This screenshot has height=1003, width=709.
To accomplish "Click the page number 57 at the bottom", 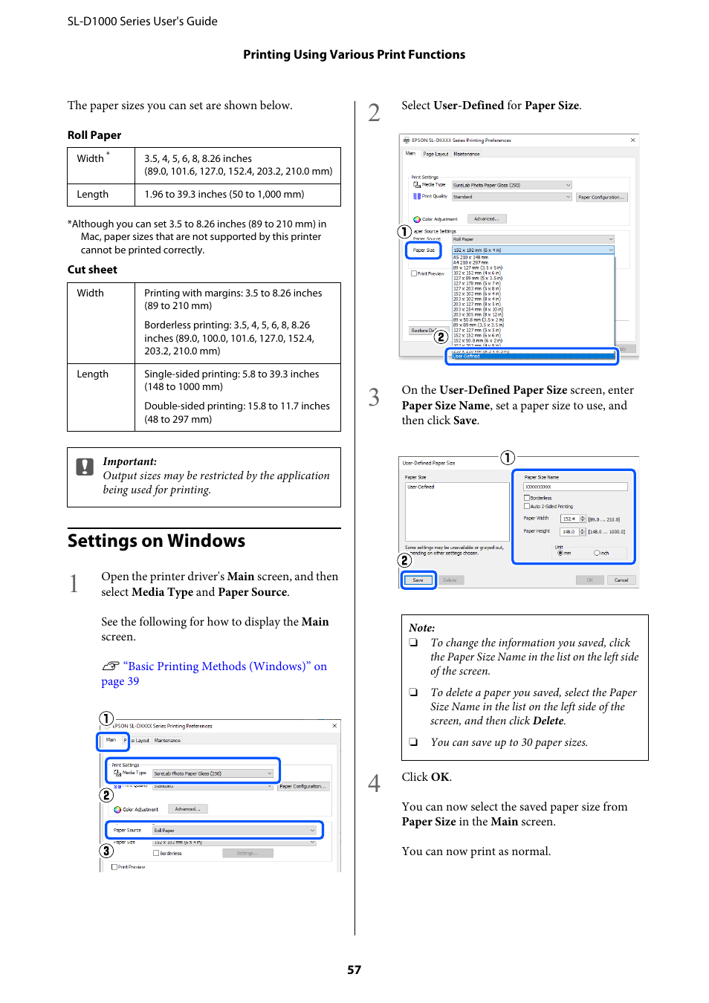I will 354,970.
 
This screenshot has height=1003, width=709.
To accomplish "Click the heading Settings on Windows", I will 156,541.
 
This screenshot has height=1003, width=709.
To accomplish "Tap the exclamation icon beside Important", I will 85,467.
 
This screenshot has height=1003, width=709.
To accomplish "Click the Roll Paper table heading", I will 94,135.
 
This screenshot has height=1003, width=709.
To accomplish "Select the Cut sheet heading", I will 92,270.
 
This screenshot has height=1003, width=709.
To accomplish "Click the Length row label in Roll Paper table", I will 93,194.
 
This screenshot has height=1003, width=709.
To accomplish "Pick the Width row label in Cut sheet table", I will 91,293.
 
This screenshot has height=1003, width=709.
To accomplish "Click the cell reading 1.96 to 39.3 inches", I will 224,194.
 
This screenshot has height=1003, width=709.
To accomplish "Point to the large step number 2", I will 374,113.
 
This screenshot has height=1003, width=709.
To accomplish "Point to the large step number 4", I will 374,783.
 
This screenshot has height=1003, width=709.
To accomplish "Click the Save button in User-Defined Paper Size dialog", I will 418,580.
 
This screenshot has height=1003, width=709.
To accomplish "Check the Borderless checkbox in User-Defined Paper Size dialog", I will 527,498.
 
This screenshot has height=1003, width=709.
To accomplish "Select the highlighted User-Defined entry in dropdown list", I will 531,357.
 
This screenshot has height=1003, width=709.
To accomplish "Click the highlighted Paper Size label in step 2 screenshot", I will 424,250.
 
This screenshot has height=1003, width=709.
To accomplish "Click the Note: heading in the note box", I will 421,628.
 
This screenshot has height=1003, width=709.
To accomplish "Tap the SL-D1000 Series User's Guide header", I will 143,22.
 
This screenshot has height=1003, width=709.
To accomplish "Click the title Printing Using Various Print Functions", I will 354,54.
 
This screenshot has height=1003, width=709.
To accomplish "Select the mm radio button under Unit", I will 560,553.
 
